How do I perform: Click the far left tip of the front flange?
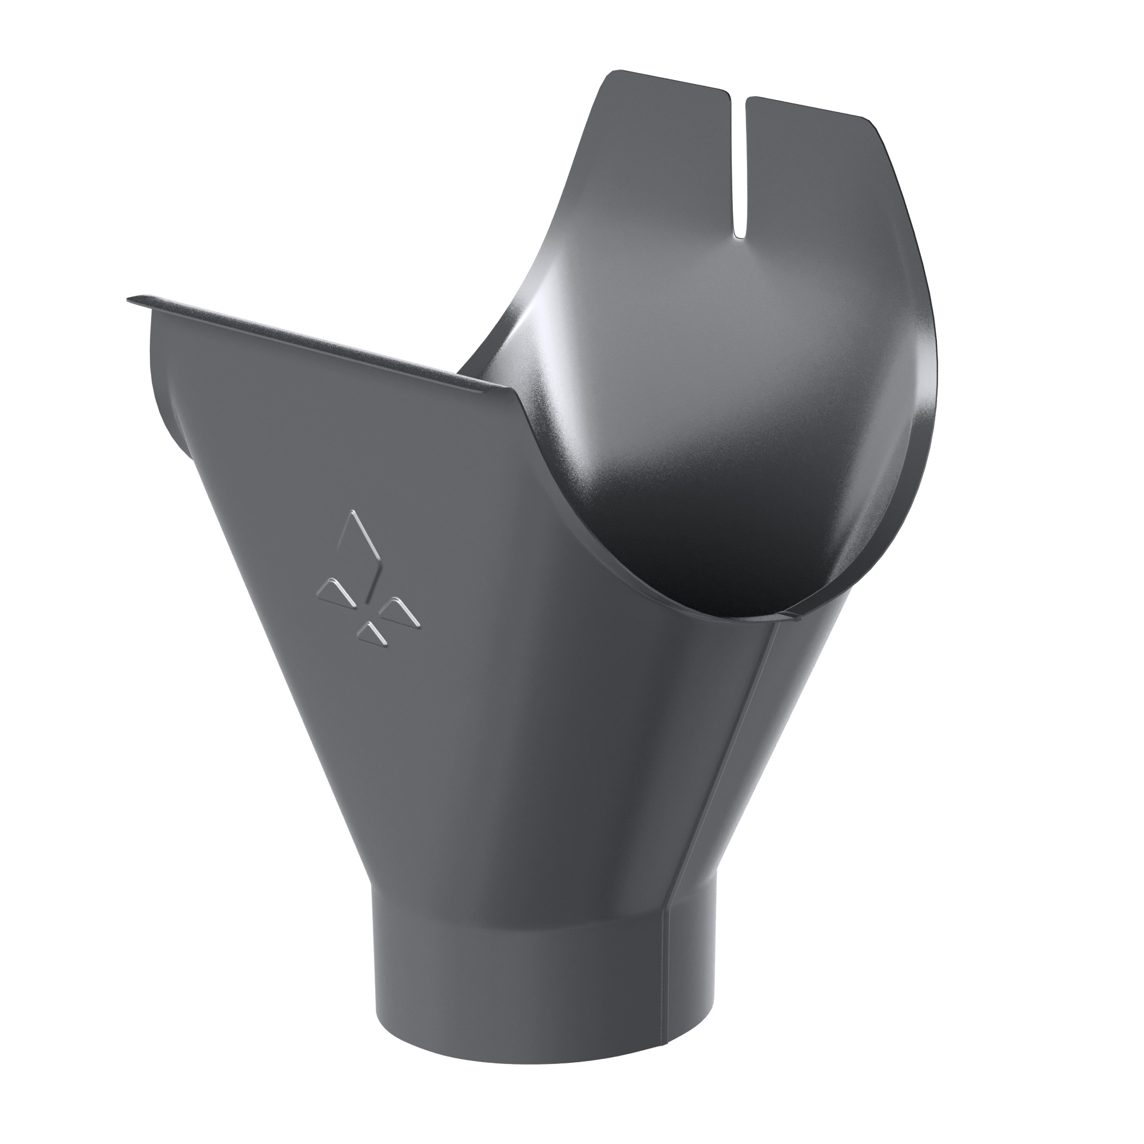pyautogui.click(x=129, y=299)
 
